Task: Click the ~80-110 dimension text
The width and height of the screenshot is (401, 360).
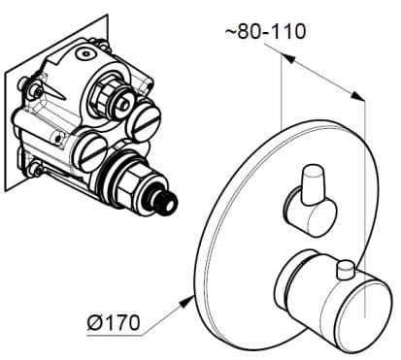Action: (263, 31)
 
